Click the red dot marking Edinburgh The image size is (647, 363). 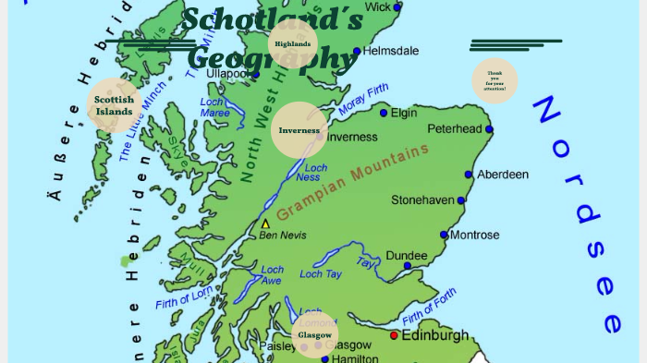(395, 335)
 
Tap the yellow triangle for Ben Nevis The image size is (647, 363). (266, 224)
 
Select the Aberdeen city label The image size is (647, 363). (503, 174)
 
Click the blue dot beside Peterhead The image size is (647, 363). (489, 129)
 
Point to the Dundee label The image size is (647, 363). (406, 255)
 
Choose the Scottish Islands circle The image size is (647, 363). (114, 105)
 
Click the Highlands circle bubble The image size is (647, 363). (293, 44)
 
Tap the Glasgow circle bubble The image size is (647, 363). (315, 334)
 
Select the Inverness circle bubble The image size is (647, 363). (299, 130)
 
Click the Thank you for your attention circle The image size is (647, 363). (494, 81)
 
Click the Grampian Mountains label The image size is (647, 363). (353, 181)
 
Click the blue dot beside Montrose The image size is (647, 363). (444, 236)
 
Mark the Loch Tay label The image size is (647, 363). (321, 274)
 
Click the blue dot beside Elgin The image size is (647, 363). (384, 113)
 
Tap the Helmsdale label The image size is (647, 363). (391, 51)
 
